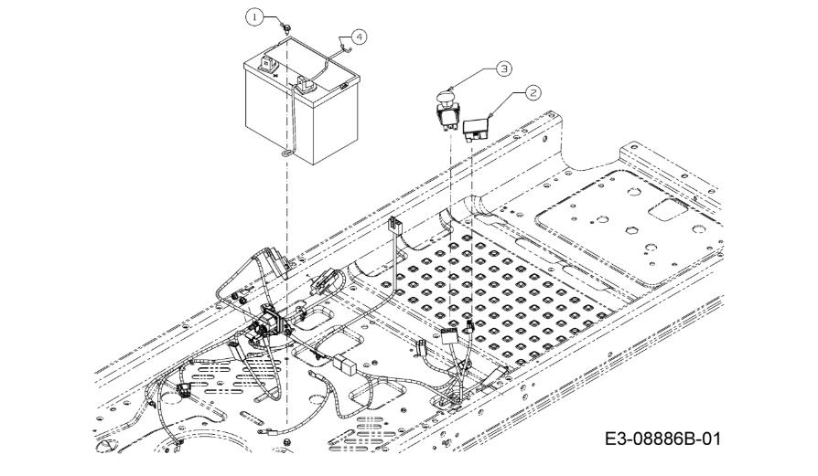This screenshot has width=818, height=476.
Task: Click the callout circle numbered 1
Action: click(254, 17)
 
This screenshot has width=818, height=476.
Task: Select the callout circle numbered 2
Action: click(533, 92)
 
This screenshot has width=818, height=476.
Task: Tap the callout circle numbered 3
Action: click(503, 69)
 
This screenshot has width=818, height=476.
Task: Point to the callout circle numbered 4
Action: click(359, 37)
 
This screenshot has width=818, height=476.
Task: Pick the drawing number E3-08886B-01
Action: click(662, 439)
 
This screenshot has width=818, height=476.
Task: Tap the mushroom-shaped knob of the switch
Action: click(447, 98)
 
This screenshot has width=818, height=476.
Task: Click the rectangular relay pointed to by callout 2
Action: click(475, 128)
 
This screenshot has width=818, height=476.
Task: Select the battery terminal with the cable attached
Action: click(306, 84)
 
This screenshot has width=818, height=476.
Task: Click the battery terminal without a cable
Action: click(268, 64)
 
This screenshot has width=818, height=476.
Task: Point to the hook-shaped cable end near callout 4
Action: click(344, 48)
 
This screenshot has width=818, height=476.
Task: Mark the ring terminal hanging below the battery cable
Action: click(286, 153)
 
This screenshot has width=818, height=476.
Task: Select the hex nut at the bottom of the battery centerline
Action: click(286, 442)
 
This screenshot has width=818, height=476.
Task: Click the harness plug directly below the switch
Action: click(448, 336)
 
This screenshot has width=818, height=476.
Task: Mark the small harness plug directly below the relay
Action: click(469, 326)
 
